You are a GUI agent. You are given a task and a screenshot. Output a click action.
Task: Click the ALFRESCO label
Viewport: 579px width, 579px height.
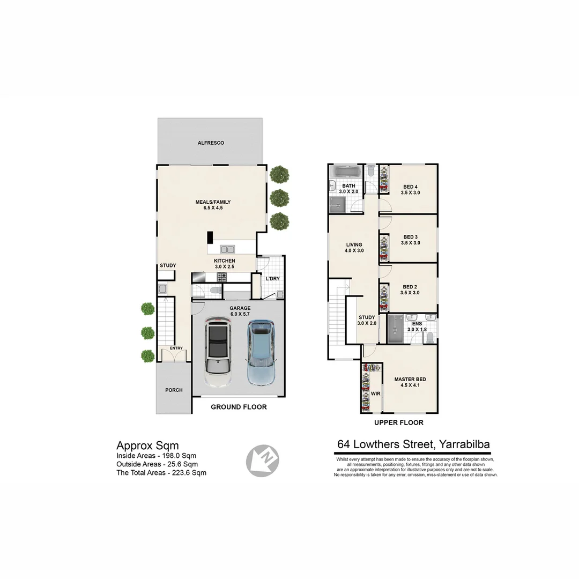coord(211,143)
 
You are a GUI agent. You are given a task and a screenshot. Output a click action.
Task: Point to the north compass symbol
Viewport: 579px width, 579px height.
coord(263,461)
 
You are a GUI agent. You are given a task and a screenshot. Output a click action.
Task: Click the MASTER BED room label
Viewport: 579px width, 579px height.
coord(410,380)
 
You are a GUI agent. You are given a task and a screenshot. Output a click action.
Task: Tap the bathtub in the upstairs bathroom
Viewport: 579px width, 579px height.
coord(346,173)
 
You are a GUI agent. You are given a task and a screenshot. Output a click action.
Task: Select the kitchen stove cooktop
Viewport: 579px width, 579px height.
coord(222,277)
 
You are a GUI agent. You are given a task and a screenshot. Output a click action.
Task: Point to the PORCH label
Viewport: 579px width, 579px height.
coord(174,390)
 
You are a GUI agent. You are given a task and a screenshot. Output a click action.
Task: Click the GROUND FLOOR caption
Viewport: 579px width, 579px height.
coord(239,407)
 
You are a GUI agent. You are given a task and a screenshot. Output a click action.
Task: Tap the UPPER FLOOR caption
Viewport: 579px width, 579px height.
coord(398,422)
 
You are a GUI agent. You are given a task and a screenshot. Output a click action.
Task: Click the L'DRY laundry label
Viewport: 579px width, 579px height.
coord(271,278)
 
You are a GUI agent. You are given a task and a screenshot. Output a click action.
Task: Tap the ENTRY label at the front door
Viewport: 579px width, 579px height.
coord(176,348)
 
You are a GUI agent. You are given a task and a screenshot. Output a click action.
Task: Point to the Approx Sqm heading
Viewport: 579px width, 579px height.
coord(147,446)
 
